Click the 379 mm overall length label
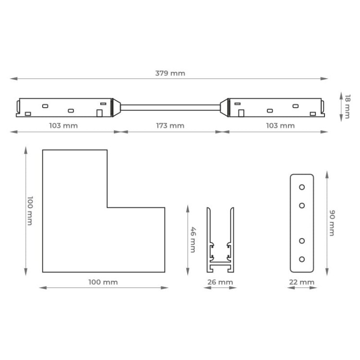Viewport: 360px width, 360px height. pos(170,73)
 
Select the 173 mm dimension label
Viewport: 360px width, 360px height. pos(170,126)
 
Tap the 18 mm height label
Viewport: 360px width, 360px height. pos(348,107)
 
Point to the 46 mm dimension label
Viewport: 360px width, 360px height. pos(193,240)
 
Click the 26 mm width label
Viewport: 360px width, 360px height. pos(220,282)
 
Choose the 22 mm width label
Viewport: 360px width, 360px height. pos(302,282)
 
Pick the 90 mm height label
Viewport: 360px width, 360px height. pos(332,223)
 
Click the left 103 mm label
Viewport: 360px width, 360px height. pos(63,126)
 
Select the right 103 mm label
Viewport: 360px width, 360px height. pos(280,126)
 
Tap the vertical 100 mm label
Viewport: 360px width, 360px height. pos(30,211)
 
